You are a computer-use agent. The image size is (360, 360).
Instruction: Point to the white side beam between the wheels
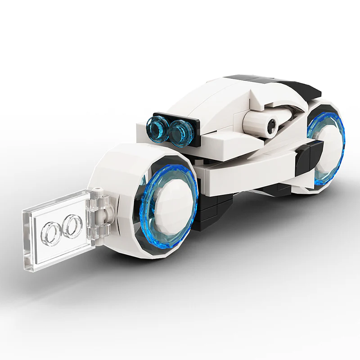[x=243, y=169]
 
